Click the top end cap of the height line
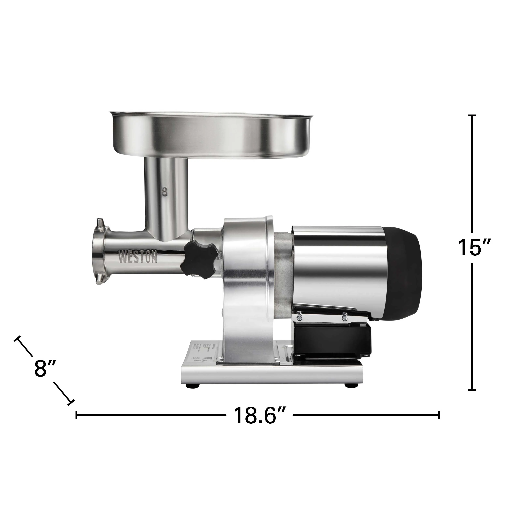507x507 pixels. pyautogui.click(x=472, y=115)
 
